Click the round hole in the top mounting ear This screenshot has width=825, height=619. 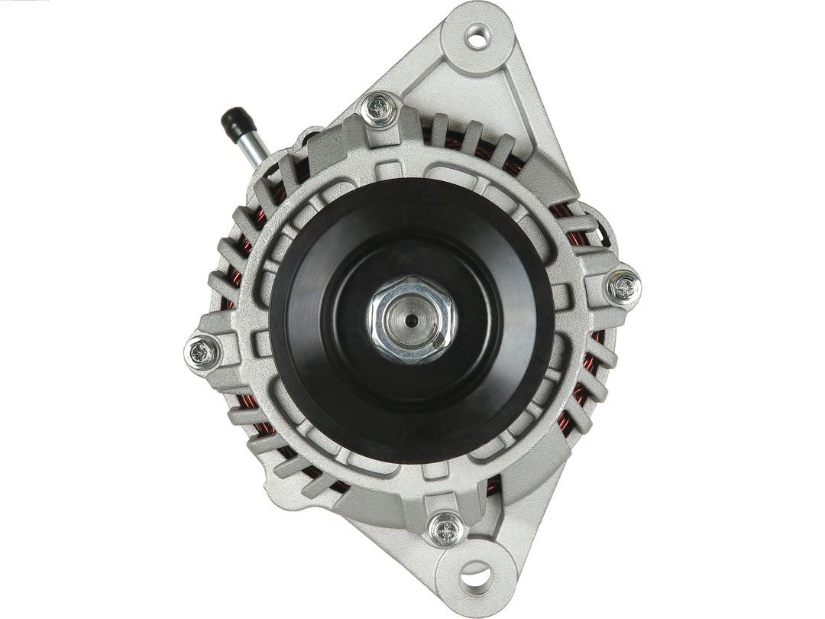click(477, 36)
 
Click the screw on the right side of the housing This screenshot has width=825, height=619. click(624, 287)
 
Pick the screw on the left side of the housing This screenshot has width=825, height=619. click(202, 352)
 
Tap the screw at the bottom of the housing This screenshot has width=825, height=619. click(445, 528)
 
